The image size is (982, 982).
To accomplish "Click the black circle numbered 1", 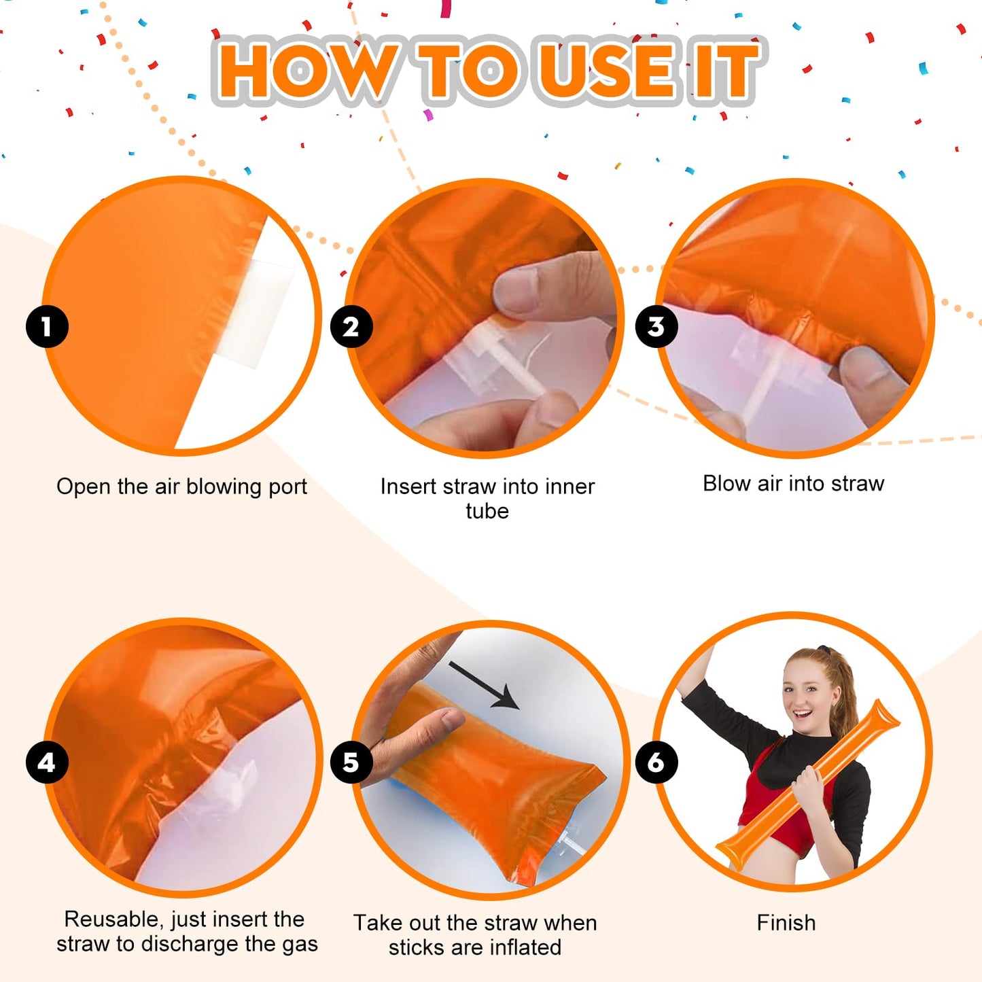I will (x=47, y=326).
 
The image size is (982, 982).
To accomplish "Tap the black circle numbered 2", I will (x=351, y=326).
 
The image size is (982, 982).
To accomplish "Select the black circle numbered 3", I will (x=656, y=326).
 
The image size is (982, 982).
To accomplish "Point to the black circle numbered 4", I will (x=47, y=762).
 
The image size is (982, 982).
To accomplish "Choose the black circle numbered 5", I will (x=351, y=762).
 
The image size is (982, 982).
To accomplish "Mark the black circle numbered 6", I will (x=656, y=762).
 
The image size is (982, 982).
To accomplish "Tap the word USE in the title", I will (x=606, y=71).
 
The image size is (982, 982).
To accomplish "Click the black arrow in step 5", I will (x=484, y=686).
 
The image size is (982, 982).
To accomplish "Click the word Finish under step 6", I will (x=786, y=923).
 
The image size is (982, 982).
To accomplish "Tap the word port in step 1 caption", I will (x=288, y=487).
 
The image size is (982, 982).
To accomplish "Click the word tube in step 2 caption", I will (x=487, y=511).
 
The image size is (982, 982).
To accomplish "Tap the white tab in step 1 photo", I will (x=262, y=313).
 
